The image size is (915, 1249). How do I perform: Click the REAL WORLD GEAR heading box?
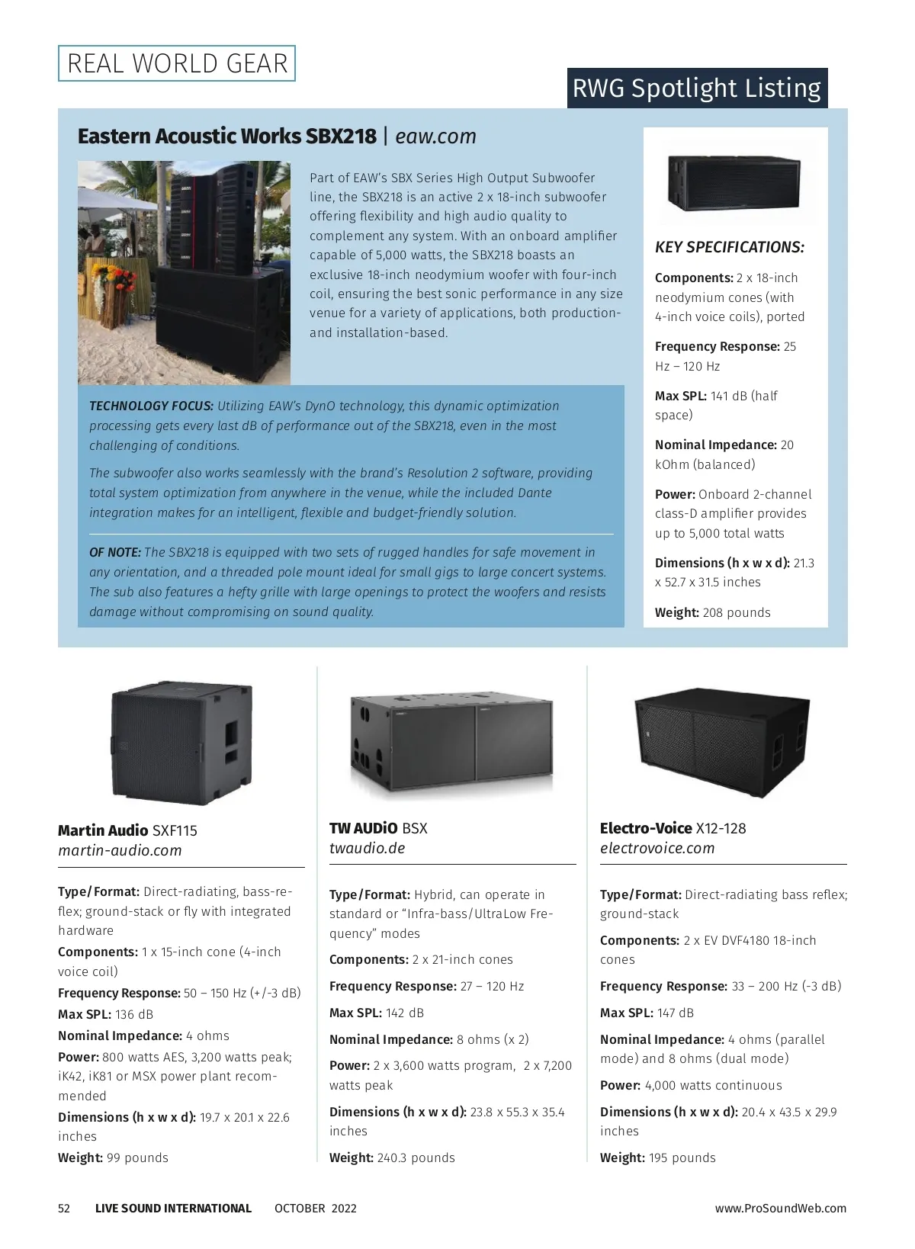pyautogui.click(x=177, y=63)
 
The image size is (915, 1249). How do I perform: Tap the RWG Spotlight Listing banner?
pyautogui.click(x=697, y=88)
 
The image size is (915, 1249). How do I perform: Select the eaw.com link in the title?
pyautogui.click(x=436, y=136)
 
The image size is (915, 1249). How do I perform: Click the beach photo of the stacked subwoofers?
pyautogui.click(x=184, y=272)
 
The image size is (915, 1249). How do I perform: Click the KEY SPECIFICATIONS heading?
pyautogui.click(x=730, y=247)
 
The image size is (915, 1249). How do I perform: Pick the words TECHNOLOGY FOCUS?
pyautogui.click(x=151, y=406)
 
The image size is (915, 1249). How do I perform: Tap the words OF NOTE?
pyautogui.click(x=114, y=553)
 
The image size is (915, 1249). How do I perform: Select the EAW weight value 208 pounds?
pyautogui.click(x=737, y=613)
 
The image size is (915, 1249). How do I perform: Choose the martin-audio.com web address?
pyautogui.click(x=120, y=851)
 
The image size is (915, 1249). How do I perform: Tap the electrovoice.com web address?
pyautogui.click(x=657, y=849)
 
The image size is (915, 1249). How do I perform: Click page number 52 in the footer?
pyautogui.click(x=64, y=1209)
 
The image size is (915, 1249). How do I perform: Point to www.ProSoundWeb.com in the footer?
pyautogui.click(x=780, y=1209)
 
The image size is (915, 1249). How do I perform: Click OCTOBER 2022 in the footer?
pyautogui.click(x=315, y=1209)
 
